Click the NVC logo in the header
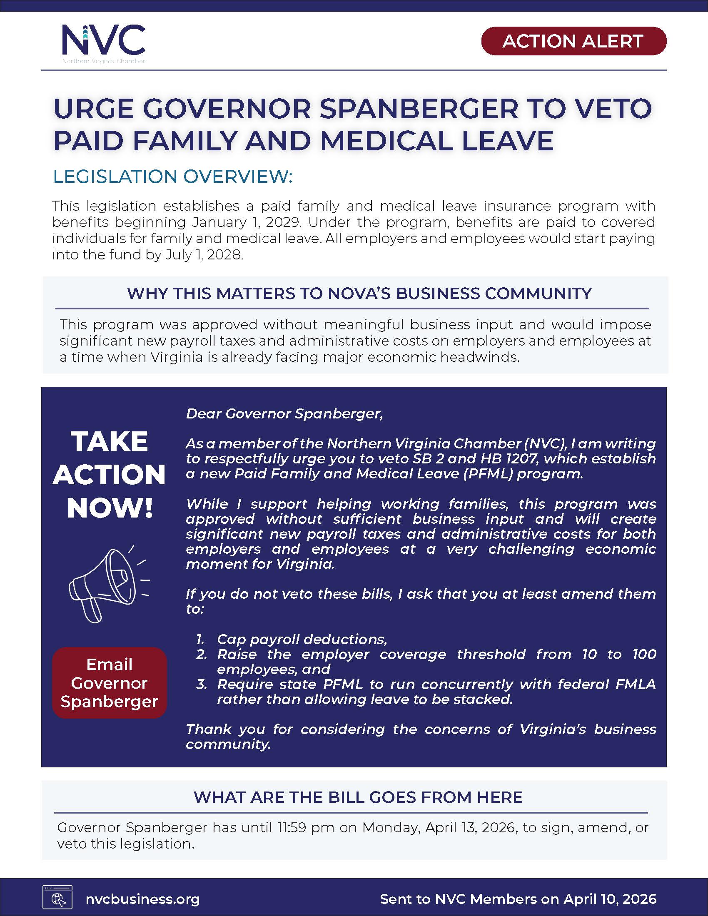point(104,42)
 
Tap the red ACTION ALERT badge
point(573,41)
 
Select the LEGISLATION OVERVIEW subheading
point(172,177)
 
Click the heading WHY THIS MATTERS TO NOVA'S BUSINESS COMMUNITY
point(359,293)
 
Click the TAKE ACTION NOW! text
point(109,475)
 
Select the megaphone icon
point(108,584)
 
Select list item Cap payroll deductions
point(301,639)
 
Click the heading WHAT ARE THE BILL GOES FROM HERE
point(358,797)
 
